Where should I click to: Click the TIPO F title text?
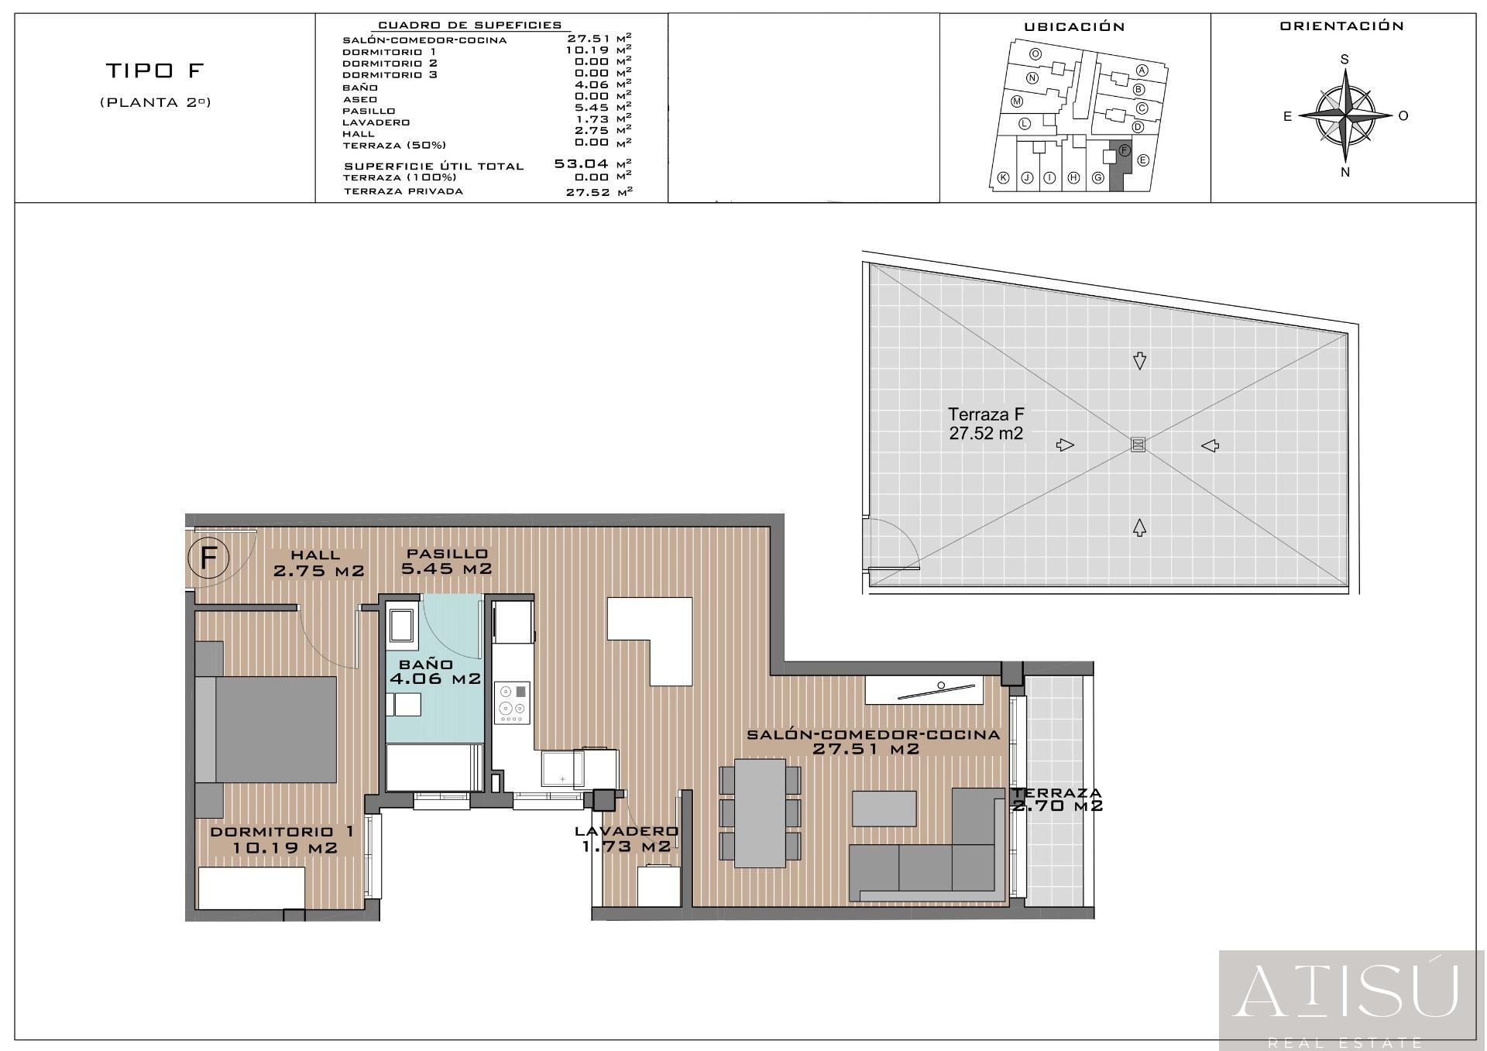(x=154, y=70)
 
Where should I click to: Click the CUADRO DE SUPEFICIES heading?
(x=469, y=26)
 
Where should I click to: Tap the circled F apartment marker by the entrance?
(x=208, y=557)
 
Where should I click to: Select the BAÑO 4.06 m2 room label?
(x=435, y=672)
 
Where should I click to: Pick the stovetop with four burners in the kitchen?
(x=513, y=703)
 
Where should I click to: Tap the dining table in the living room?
(x=760, y=813)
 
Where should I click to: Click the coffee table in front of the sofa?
(x=884, y=809)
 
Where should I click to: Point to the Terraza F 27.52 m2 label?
(x=986, y=424)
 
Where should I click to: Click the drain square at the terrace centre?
(x=1138, y=445)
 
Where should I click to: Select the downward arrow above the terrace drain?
(x=1139, y=361)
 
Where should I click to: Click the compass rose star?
(x=1345, y=115)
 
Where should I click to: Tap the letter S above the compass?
(x=1345, y=60)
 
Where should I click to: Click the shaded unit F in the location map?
(x=1120, y=167)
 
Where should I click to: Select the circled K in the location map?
(x=1003, y=177)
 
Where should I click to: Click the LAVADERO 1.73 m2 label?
(x=627, y=839)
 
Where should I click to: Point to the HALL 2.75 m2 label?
(x=318, y=563)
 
